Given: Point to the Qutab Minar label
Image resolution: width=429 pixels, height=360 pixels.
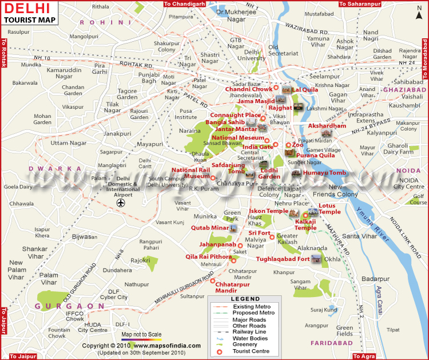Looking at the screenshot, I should coord(210,228).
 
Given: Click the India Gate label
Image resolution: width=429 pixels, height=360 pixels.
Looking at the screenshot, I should coord(258,147).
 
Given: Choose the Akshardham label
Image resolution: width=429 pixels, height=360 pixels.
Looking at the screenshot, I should coord(327,125).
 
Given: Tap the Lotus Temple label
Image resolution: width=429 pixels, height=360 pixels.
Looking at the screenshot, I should coord(329,208).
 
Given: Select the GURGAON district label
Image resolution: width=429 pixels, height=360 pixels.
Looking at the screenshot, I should coord(62,306).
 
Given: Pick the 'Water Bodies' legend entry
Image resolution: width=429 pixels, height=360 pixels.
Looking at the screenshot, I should coord(250,338).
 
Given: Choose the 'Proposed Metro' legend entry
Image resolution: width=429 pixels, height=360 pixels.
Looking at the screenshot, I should coord(253,313).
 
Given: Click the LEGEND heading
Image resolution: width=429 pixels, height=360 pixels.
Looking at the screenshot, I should coord(245,299).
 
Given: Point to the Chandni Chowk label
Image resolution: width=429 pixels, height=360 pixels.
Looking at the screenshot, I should coord(248,89).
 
